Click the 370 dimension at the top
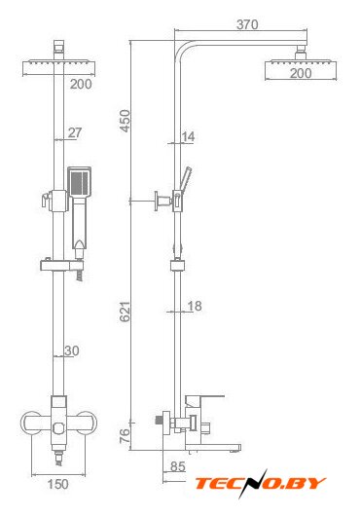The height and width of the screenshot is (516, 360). (247, 24)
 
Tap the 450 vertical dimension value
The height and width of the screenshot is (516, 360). (126, 121)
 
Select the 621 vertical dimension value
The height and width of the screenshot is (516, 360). (126, 312)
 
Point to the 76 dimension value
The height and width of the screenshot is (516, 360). (126, 436)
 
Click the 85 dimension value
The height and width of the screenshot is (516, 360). (178, 466)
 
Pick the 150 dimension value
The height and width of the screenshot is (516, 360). (58, 484)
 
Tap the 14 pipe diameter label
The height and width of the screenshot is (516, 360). (188, 136)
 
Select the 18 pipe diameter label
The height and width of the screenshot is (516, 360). (195, 306)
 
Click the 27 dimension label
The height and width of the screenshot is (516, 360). (75, 132)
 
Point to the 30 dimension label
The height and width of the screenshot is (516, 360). (72, 350)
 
